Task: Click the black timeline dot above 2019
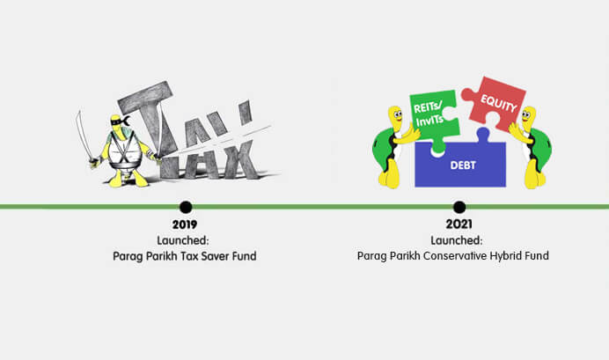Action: click(x=186, y=207)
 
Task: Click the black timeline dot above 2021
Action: click(x=459, y=207)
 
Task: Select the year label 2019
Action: click(x=185, y=224)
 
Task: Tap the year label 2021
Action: click(x=459, y=224)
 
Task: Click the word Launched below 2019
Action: click(x=182, y=240)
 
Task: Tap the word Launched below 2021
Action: click(x=457, y=240)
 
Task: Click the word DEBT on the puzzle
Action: click(x=463, y=165)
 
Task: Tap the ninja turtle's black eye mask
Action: click(x=119, y=121)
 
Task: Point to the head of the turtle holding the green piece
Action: click(x=395, y=120)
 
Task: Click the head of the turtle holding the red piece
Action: click(x=528, y=119)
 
